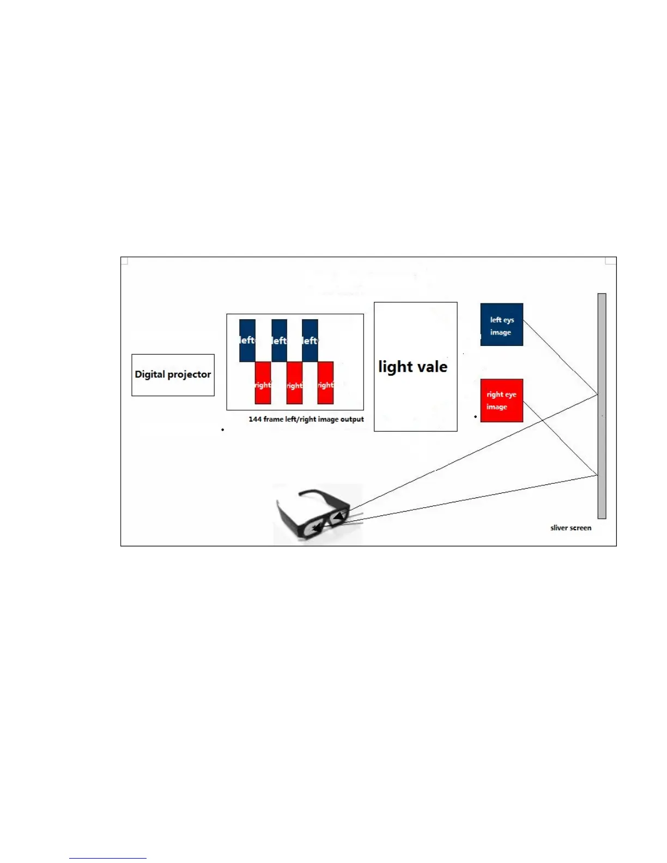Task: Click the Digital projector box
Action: click(x=173, y=375)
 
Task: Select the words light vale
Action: click(x=413, y=367)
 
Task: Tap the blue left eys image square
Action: click(x=501, y=325)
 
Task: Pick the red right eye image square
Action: click(x=501, y=400)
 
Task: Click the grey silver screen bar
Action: click(x=602, y=406)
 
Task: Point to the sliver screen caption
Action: click(x=571, y=528)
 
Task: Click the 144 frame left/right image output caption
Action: click(x=306, y=420)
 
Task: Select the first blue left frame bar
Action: click(x=247, y=341)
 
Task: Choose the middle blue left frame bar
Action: click(x=279, y=341)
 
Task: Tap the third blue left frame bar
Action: click(x=310, y=341)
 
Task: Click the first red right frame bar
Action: click(x=263, y=383)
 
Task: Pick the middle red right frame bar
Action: click(x=294, y=384)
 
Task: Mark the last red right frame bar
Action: click(x=325, y=383)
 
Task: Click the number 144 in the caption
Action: click(x=254, y=420)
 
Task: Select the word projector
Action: click(x=189, y=375)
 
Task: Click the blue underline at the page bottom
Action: click(x=107, y=858)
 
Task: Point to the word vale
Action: click(x=432, y=367)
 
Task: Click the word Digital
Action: click(x=150, y=374)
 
